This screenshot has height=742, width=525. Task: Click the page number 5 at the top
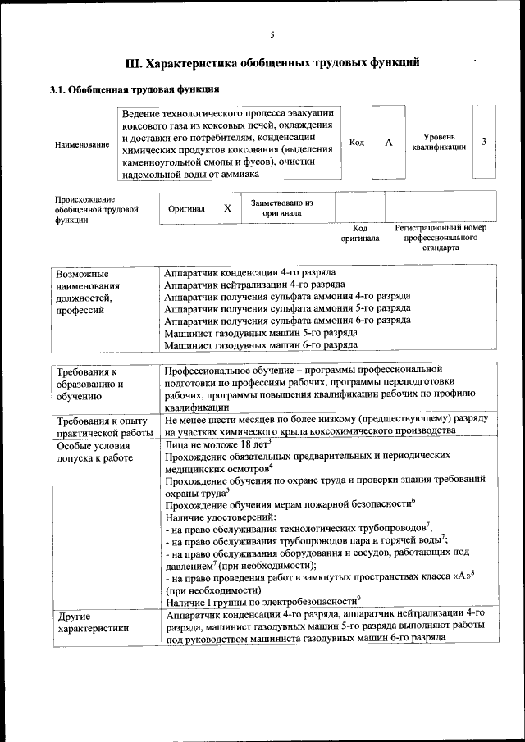click(x=272, y=34)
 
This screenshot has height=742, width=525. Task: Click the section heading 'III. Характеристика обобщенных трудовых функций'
click(x=272, y=62)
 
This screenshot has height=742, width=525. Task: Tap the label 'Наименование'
click(x=82, y=145)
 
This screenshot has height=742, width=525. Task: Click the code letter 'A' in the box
click(x=389, y=143)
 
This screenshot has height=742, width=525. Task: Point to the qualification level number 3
click(x=484, y=142)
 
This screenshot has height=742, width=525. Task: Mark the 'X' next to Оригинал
click(x=227, y=208)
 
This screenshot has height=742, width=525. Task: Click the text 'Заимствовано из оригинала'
click(x=282, y=207)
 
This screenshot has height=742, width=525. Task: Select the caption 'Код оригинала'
click(x=360, y=233)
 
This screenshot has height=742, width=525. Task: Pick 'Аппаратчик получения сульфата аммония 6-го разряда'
click(x=287, y=321)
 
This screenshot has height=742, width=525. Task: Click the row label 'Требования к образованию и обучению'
click(x=89, y=383)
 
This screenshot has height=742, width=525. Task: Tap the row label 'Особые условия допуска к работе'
click(x=94, y=451)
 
